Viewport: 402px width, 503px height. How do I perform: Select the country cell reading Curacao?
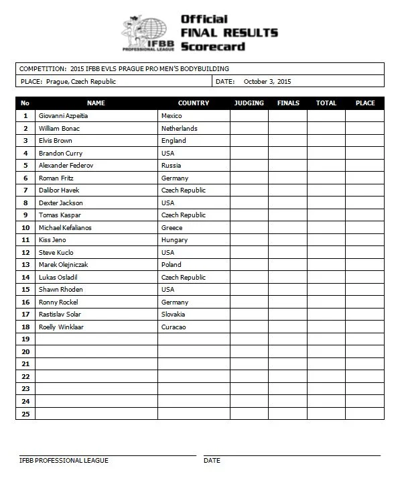174,327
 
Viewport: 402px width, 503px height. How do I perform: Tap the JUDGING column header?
249,103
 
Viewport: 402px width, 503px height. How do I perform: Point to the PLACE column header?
365,103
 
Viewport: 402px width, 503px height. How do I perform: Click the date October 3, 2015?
267,81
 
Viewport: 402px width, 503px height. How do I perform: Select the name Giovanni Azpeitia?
64,115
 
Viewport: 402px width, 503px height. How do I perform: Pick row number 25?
25,413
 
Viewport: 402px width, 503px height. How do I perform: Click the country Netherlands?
179,128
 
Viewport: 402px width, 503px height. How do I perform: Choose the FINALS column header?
288,103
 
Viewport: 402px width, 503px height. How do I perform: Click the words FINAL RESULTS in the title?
229,32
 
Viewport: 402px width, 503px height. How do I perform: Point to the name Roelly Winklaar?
61,327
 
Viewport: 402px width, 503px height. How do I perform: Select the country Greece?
172,227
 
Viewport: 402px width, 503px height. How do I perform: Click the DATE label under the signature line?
212,461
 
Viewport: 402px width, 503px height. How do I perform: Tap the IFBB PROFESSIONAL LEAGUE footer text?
64,461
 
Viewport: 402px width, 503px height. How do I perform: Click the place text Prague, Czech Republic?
81,81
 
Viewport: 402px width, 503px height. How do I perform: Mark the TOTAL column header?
326,103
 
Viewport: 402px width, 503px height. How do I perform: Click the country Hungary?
174,239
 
